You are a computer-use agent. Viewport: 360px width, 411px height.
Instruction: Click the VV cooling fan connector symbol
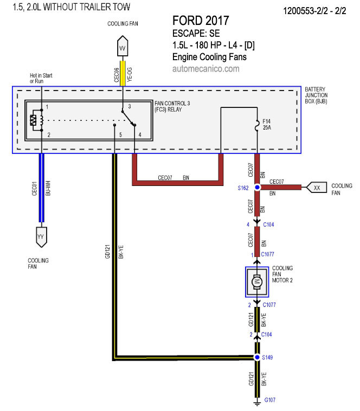pos(123,46)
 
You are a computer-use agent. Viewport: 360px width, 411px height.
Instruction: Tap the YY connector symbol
pos(41,237)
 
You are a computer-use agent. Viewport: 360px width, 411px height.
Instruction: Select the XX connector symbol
pos(317,188)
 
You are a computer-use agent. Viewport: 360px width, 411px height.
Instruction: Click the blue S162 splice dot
pos(258,188)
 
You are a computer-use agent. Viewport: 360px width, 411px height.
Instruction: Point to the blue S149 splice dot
pos(258,357)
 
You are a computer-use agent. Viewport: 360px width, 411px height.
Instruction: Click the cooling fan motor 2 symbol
pos(257,282)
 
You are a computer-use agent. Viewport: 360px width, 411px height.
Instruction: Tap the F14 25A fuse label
pos(267,125)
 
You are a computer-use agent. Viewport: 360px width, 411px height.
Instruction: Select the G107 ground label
pos(270,400)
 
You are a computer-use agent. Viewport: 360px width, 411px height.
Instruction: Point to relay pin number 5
pos(120,134)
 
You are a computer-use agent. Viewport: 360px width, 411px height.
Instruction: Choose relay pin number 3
pos(130,106)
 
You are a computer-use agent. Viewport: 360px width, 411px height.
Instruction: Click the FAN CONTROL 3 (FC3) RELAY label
pos(172,106)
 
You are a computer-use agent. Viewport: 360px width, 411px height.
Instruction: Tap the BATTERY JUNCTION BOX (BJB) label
pos(316,95)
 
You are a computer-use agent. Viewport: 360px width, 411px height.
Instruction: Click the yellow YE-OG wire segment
pos(123,73)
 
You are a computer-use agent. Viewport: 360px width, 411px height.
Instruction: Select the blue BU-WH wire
pos(41,188)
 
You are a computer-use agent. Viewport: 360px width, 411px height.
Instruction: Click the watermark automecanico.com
pos(206,69)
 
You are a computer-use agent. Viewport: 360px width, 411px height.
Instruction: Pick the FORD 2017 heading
pos(201,21)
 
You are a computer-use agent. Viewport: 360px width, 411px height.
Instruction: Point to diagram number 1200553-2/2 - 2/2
pos(314,11)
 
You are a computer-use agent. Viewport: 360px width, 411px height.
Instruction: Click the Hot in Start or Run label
pos(41,78)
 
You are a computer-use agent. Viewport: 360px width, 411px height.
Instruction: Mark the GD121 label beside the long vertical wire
pos(107,252)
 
